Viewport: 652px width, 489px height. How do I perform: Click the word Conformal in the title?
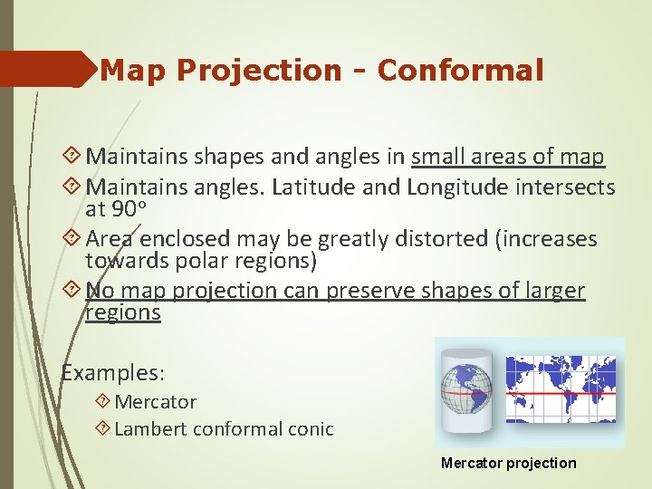click(x=460, y=70)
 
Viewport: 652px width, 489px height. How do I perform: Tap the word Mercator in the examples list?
click(x=156, y=401)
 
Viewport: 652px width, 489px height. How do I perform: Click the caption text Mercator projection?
click(x=508, y=463)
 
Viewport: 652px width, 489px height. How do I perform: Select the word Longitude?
click(x=460, y=187)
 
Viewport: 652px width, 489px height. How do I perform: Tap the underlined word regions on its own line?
click(x=123, y=312)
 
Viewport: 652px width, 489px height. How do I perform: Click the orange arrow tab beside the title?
click(x=45, y=69)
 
